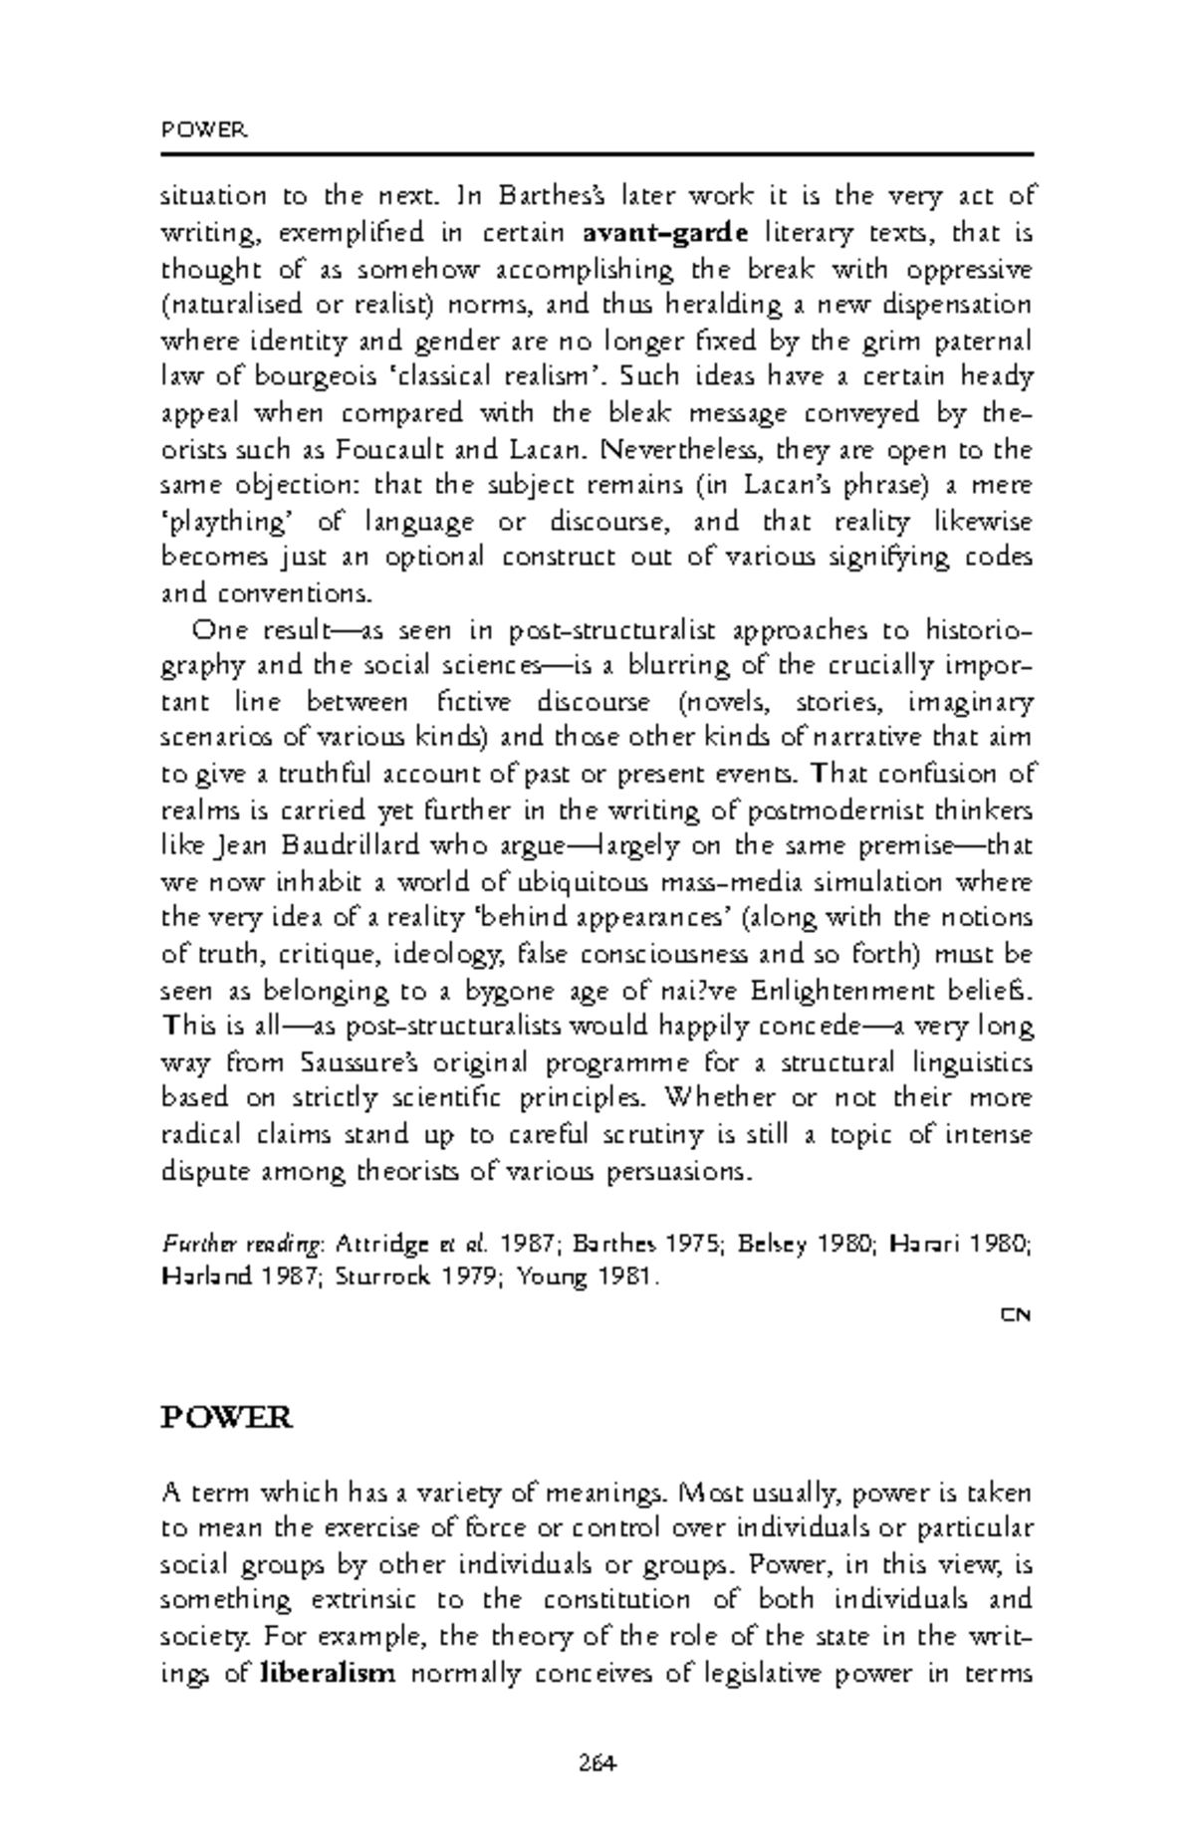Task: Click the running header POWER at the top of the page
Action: pos(203,130)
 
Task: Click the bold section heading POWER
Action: pos(226,1417)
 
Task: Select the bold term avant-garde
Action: pos(664,234)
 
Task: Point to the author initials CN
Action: pos(1016,1315)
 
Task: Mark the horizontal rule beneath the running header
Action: pos(597,154)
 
